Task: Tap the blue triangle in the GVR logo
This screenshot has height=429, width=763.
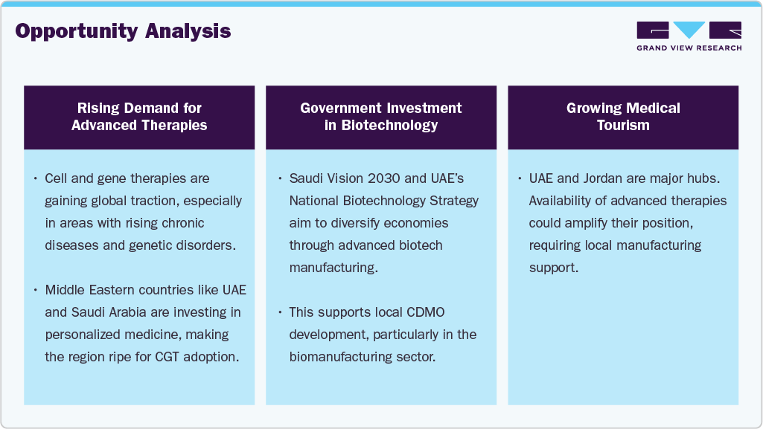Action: [689, 30]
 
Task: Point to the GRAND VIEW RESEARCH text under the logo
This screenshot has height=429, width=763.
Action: [689, 48]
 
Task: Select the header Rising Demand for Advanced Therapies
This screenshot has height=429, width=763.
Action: [139, 117]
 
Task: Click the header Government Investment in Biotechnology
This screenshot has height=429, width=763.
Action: [381, 117]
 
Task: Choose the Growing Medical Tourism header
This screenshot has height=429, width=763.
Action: [623, 117]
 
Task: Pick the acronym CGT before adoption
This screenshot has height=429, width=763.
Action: [171, 357]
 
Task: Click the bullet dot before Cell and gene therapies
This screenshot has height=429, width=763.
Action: [36, 179]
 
